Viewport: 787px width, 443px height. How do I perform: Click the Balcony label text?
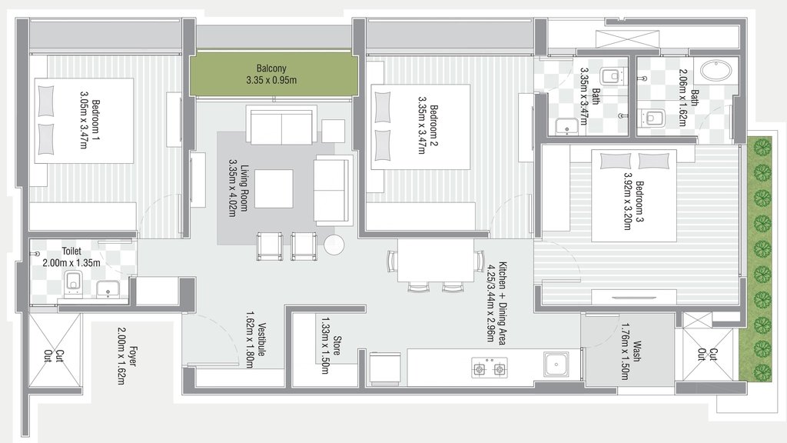(x=271, y=68)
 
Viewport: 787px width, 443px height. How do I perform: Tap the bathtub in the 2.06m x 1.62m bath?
(x=716, y=71)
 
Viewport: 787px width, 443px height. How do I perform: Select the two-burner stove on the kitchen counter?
(x=490, y=368)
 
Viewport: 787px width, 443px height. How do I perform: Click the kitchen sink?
(x=556, y=364)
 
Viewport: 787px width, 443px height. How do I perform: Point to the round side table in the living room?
(x=334, y=245)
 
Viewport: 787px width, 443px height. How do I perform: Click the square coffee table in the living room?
(x=274, y=189)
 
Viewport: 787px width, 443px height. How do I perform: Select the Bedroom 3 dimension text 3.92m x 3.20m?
(x=627, y=202)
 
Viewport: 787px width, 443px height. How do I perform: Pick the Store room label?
(x=337, y=345)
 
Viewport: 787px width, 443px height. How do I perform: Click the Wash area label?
(x=636, y=351)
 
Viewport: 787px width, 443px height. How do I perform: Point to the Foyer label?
(x=133, y=355)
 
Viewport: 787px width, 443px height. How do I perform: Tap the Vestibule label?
(x=261, y=339)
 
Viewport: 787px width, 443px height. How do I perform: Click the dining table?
(x=436, y=260)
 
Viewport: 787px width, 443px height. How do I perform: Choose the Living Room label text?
(x=244, y=188)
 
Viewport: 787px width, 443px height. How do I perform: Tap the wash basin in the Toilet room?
(x=107, y=289)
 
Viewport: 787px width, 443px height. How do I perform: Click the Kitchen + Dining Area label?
(x=502, y=303)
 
